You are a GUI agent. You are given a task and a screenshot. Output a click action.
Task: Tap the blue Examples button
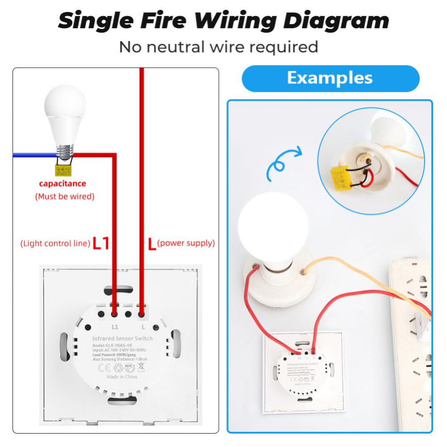330,78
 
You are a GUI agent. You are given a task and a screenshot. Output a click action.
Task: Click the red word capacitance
63,184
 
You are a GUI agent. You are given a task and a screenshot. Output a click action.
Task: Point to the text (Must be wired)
65,196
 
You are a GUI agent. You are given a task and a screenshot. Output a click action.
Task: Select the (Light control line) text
55,244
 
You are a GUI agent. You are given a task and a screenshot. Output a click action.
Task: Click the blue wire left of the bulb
31,155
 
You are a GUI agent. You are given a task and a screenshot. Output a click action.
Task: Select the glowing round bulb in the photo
273,222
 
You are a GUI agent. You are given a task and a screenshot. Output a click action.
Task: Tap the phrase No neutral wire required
218,46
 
